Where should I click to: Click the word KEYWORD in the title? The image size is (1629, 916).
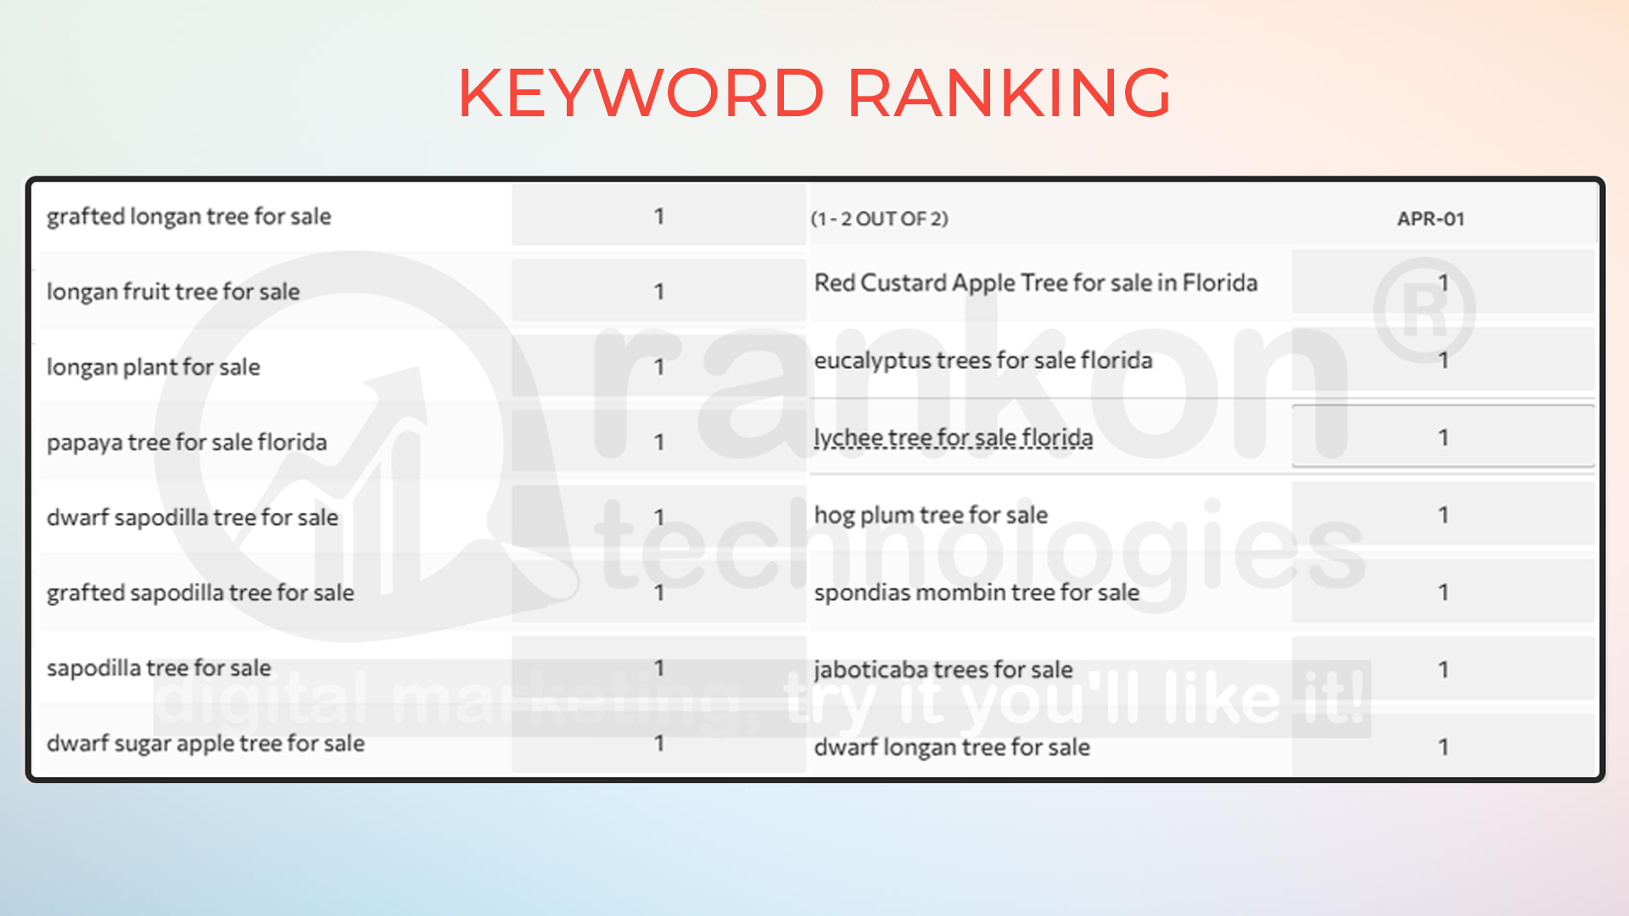coord(641,92)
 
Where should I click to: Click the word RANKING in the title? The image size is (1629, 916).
coord(1009,92)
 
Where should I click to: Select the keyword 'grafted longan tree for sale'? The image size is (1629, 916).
coord(188,217)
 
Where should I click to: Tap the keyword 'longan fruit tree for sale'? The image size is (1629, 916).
coord(173,292)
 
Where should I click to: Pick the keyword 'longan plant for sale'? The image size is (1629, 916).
coord(154,367)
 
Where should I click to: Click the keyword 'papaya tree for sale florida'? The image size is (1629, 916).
coord(187,443)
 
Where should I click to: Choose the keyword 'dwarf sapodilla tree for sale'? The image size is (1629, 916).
coord(193,517)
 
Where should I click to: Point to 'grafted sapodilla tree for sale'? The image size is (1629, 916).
coord(200,593)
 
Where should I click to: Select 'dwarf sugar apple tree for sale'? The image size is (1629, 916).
coord(205,744)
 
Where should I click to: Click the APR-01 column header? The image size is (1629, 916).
coord(1430,219)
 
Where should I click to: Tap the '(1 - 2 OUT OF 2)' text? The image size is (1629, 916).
coord(879,219)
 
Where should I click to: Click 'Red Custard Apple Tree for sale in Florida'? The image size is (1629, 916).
coord(1036,283)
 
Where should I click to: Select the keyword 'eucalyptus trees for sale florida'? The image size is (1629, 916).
coord(983,360)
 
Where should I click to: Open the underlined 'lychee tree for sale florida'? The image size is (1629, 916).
coord(954,438)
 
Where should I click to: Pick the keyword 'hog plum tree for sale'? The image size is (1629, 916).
coord(931,515)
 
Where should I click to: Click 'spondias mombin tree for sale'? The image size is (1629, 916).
coord(977,592)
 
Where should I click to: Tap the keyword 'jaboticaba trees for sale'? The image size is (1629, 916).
coord(943,670)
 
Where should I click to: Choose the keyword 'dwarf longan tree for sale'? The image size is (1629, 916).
coord(952,747)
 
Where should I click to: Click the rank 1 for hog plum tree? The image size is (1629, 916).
coord(1443,515)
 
